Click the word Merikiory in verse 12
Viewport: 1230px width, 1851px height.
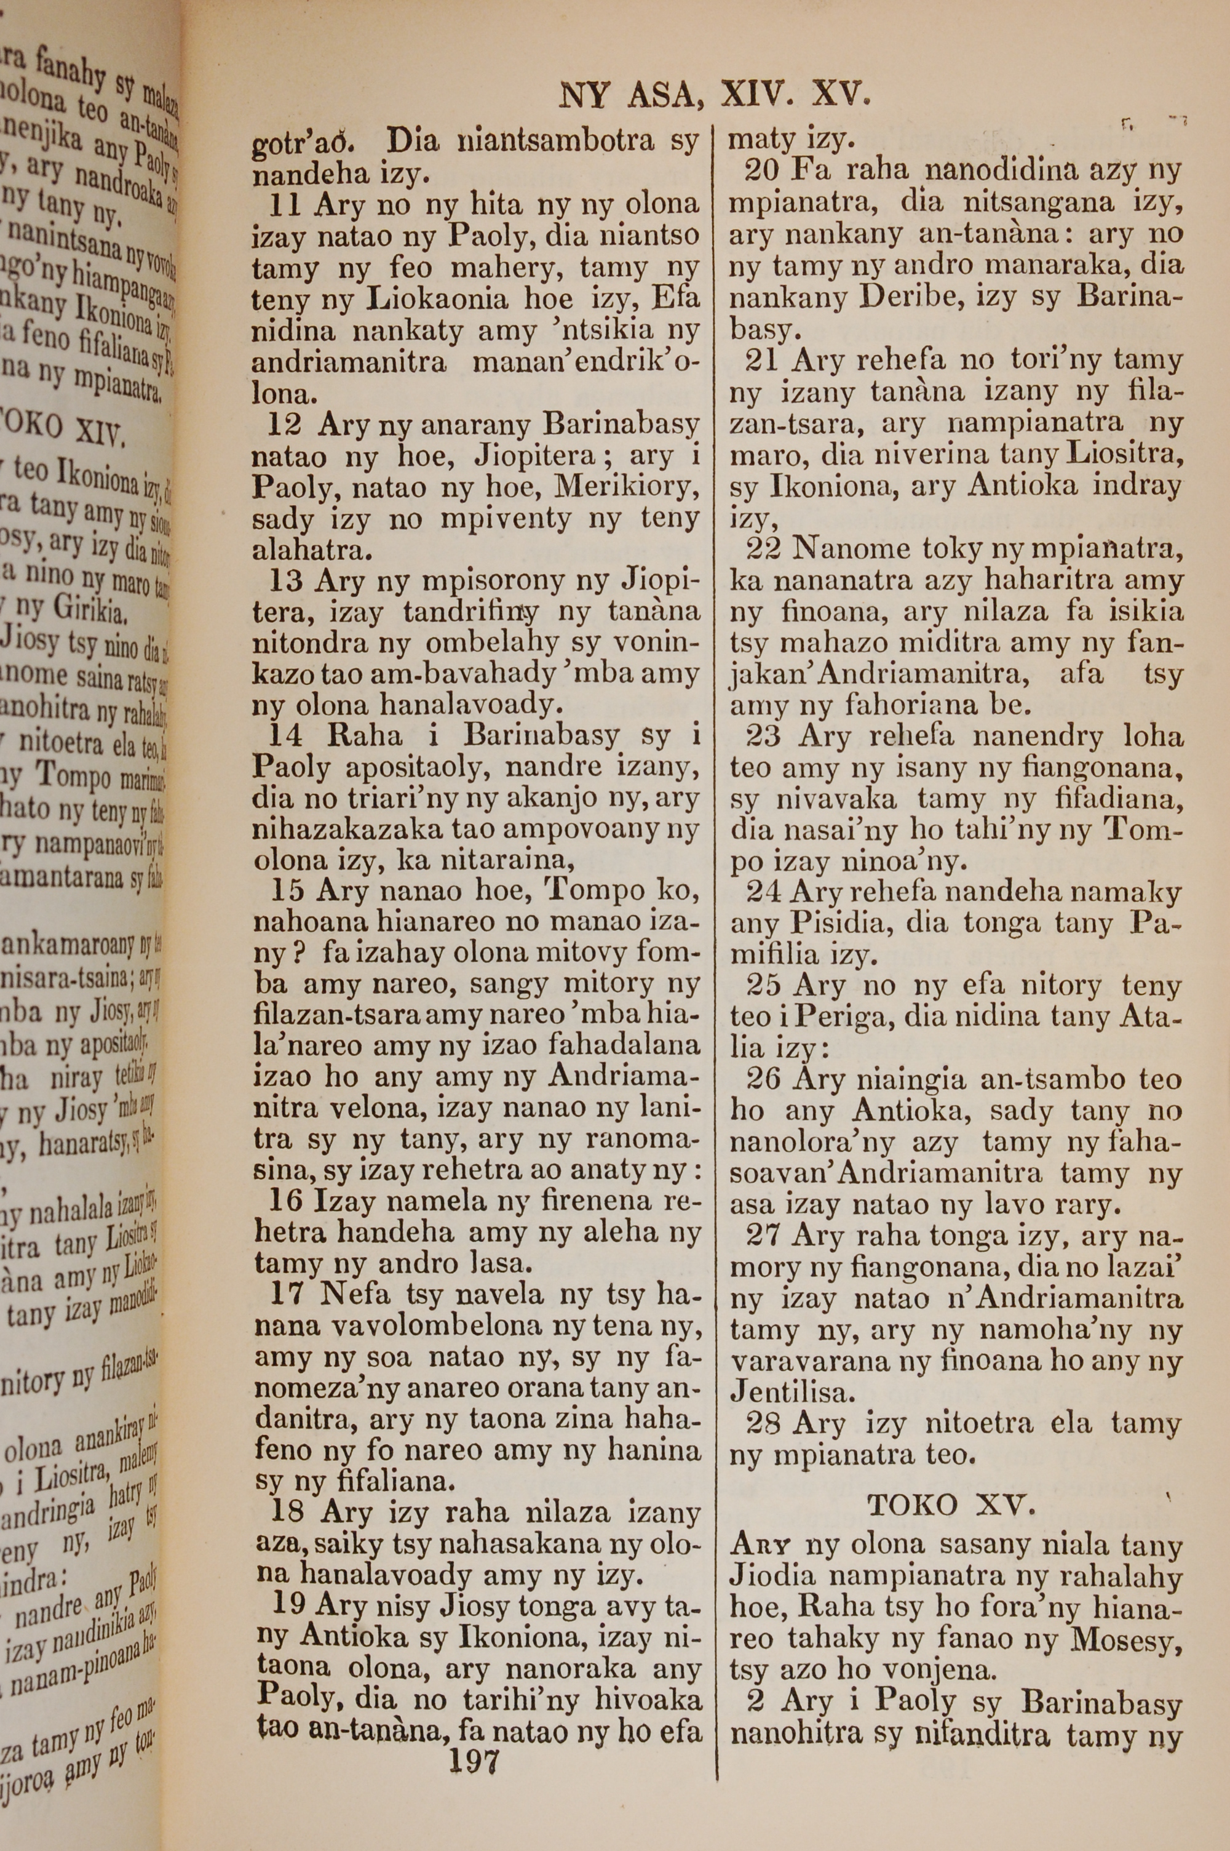[x=627, y=488]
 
